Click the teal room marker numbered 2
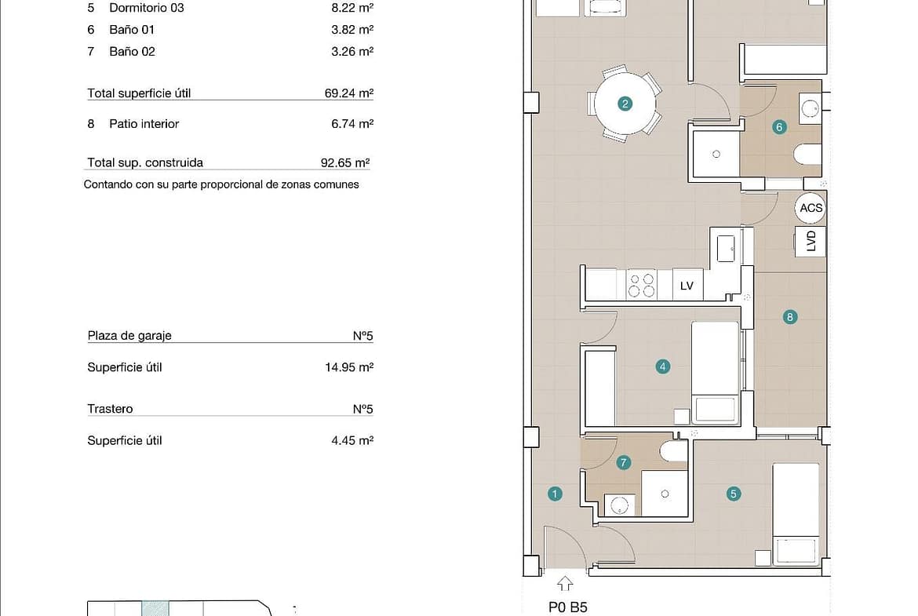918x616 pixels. coord(625,104)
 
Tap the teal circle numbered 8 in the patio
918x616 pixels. coord(790,317)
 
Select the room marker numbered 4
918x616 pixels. coord(663,367)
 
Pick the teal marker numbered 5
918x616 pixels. coord(734,494)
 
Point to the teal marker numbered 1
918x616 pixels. coord(555,494)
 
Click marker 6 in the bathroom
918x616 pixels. coord(779,127)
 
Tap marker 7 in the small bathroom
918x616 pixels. coord(624,463)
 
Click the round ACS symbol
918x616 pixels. coord(811,208)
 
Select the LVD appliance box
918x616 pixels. coord(811,241)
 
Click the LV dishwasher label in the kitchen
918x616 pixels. coord(687,286)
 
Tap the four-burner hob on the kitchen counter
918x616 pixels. coord(642,285)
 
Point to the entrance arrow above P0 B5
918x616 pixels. coord(565,584)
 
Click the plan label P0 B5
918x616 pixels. coord(567,608)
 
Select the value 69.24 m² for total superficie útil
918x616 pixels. coord(349,93)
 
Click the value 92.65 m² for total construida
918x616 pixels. coord(345,162)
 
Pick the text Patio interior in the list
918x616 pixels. coord(144,124)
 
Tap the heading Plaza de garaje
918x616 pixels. coord(129,336)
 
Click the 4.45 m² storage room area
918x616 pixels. coord(352,440)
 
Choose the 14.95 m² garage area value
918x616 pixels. coord(349,367)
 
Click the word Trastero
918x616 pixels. coord(110,409)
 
